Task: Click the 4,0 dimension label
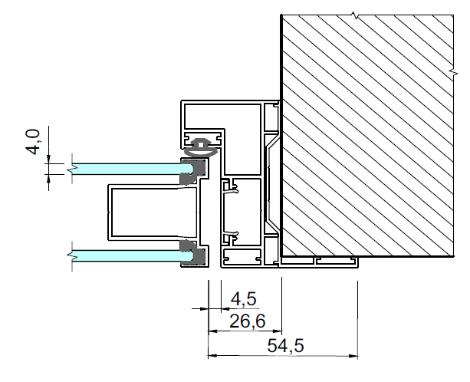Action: (33, 142)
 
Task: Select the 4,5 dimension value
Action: (244, 299)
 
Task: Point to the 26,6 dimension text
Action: (248, 321)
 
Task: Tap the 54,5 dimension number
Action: (285, 345)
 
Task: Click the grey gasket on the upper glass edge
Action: (193, 172)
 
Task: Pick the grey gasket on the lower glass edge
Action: (193, 252)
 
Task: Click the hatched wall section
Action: (367, 136)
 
